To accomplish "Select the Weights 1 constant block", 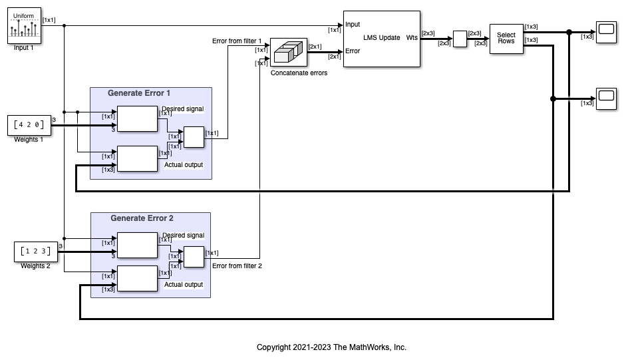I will [27, 124].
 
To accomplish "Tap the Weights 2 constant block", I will [33, 252].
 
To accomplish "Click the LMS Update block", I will [381, 39].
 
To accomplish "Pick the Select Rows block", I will [506, 39].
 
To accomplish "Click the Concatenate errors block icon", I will [289, 53].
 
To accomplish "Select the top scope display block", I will [605, 32].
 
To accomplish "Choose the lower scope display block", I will [605, 98].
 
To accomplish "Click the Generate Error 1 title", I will [139, 93].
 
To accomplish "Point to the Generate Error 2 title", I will [141, 218].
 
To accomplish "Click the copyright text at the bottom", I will [331, 347].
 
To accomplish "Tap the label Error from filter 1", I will [237, 41].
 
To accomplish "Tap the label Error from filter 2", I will [237, 266].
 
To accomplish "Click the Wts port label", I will [412, 38].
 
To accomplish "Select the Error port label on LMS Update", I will [353, 51].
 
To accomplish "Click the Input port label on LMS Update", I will [353, 25].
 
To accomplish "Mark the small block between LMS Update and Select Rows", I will [459, 39].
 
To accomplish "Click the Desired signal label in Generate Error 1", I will [182, 109].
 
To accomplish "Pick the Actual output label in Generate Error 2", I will [184, 285].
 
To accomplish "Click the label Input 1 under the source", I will [23, 48].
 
